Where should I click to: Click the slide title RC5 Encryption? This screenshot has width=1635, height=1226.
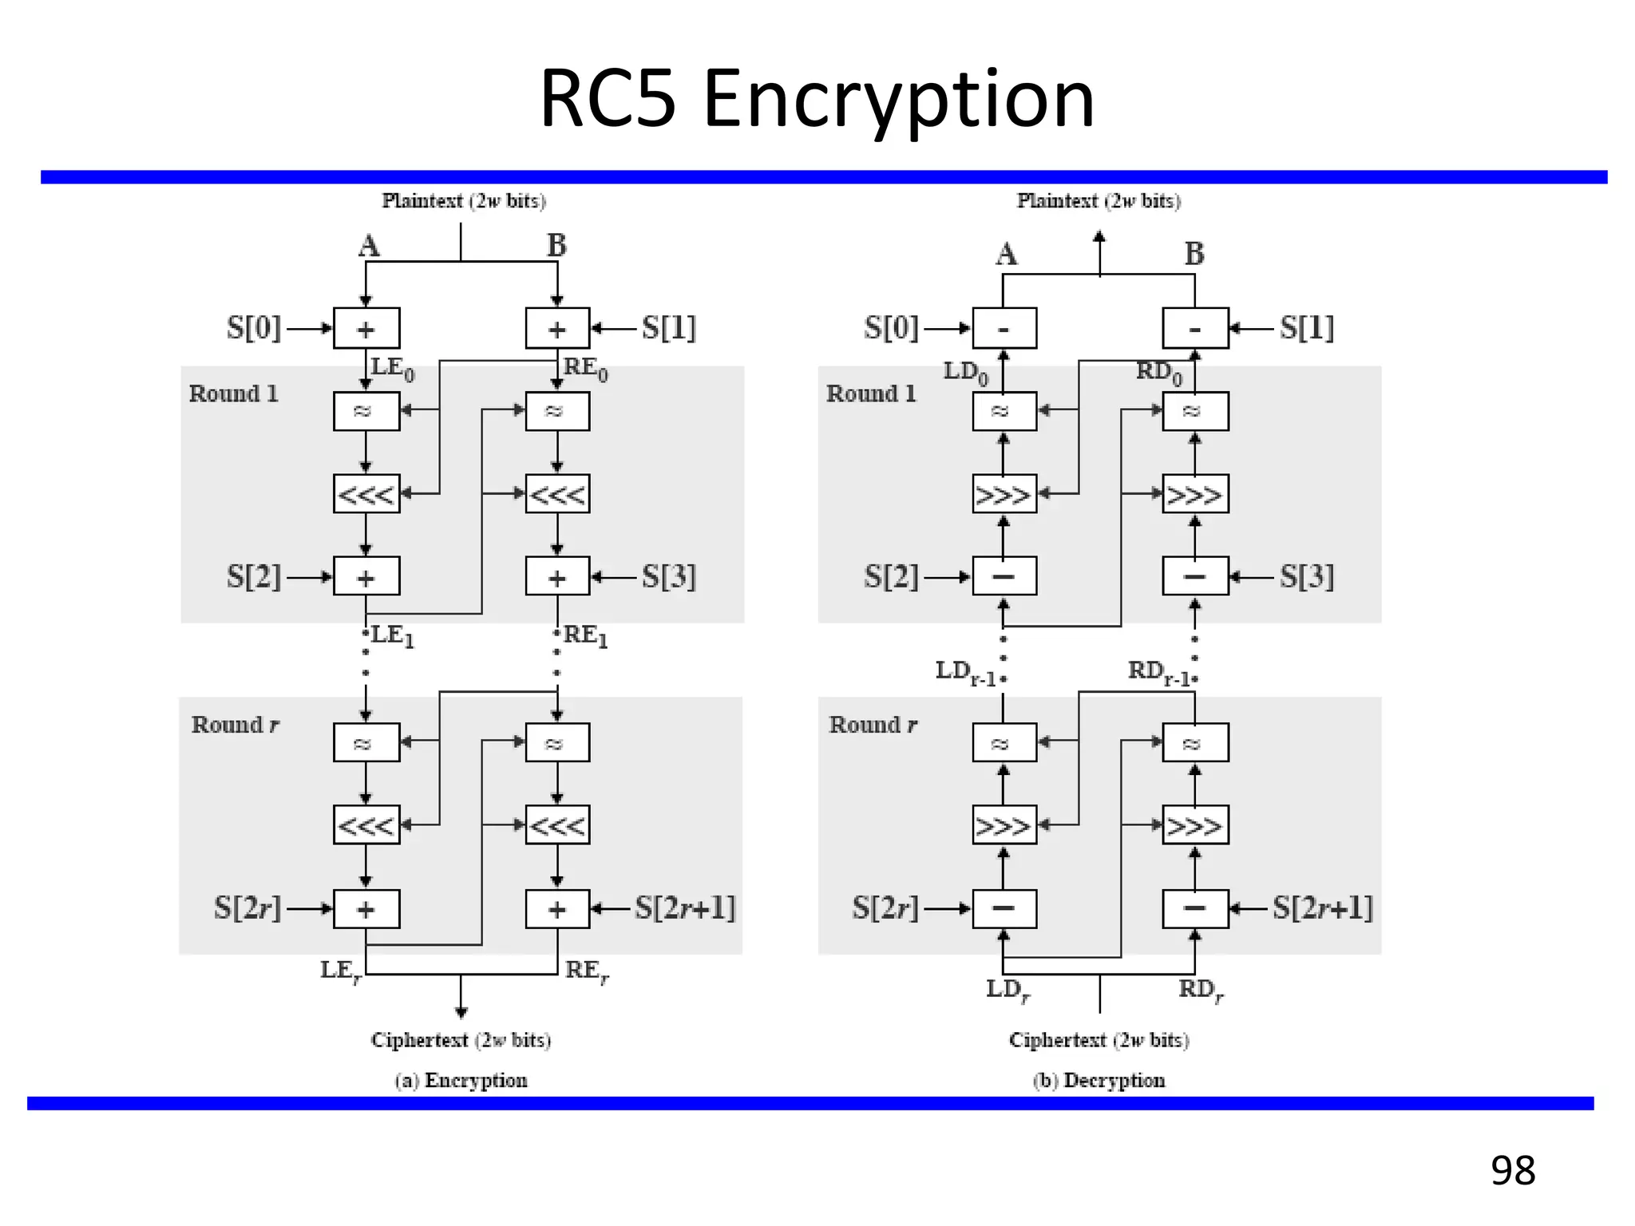(817, 99)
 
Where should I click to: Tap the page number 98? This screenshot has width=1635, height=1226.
(1512, 1170)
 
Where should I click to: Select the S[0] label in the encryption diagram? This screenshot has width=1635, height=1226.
(253, 328)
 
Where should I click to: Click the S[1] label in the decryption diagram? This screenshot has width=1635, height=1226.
(1306, 328)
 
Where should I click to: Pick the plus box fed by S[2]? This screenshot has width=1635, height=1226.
(366, 576)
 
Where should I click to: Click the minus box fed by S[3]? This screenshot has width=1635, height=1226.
(1194, 576)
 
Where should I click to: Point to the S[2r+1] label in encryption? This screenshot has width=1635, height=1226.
(684, 908)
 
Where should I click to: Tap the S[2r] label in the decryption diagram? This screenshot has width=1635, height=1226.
(885, 908)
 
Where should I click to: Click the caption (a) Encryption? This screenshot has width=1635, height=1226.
(461, 1080)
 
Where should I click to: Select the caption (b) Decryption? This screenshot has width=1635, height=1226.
(1099, 1080)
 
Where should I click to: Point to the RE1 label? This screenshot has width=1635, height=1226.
(585, 636)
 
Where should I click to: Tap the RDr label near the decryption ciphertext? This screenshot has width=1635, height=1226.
(1201, 991)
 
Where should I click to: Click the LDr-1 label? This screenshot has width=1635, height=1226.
(965, 672)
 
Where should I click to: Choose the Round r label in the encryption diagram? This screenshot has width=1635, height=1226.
(235, 725)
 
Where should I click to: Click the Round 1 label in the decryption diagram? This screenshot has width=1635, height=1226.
(871, 394)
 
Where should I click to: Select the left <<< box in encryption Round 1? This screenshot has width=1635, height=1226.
(366, 494)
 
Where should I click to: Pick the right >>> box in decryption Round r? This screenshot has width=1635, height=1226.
(1194, 825)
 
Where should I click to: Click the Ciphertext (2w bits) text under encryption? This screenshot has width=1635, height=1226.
(461, 1040)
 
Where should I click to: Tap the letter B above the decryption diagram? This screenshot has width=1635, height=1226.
(1194, 255)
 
